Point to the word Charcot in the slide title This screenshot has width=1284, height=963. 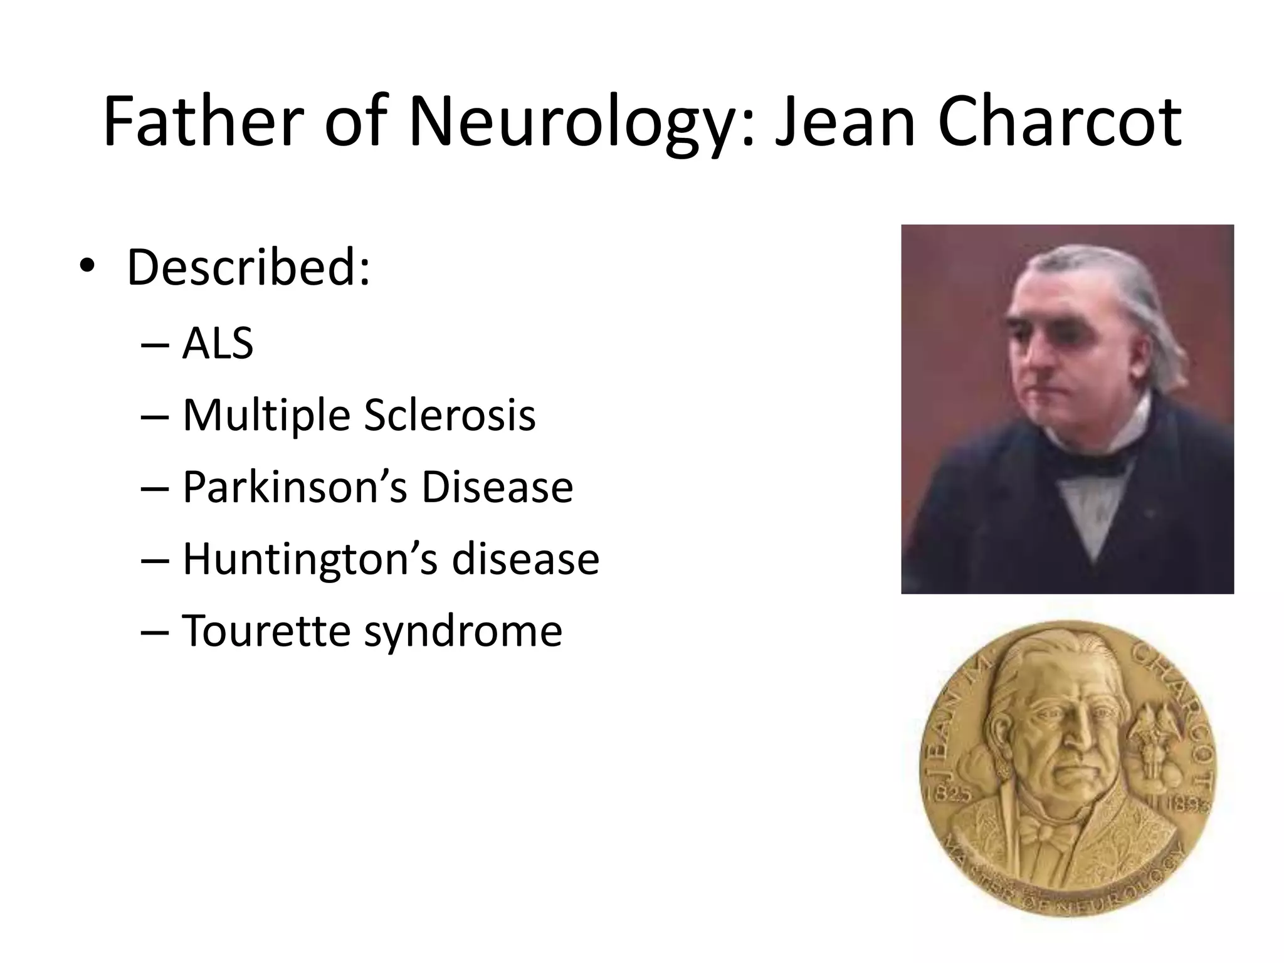(x=1060, y=122)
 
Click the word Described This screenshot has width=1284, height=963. (x=248, y=268)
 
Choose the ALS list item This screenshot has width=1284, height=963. (x=218, y=344)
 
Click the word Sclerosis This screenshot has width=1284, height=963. (x=450, y=416)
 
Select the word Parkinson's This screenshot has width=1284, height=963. (x=295, y=487)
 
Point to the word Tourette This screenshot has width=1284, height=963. (x=266, y=631)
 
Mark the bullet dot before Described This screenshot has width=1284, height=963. (x=87, y=267)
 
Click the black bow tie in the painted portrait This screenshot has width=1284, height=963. (x=1091, y=465)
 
